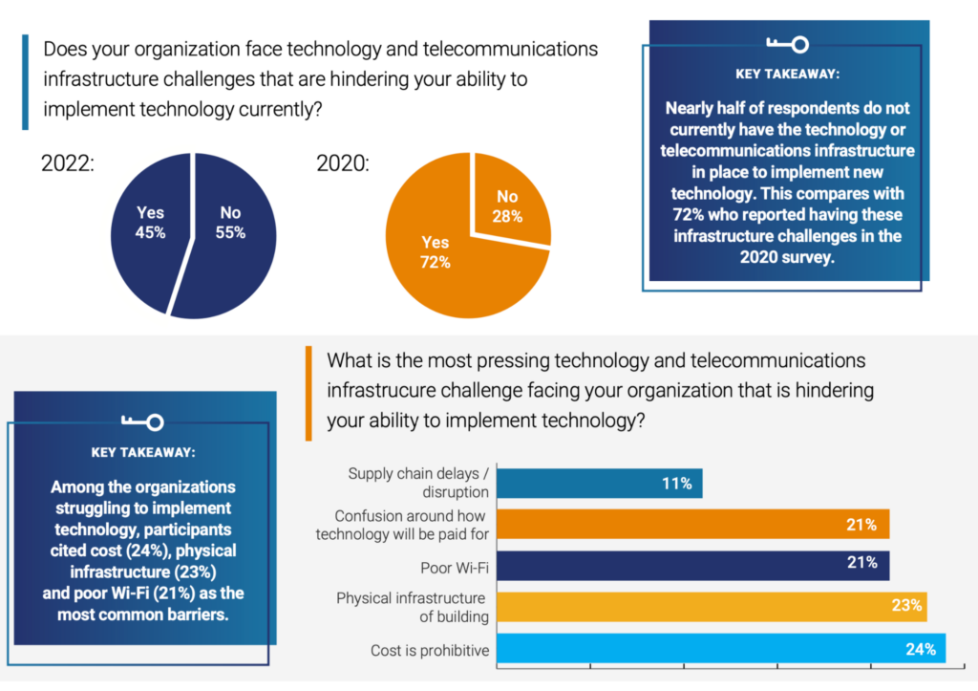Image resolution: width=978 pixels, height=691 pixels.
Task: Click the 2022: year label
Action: (x=68, y=163)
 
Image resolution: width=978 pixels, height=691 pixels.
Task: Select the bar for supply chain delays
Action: (x=599, y=483)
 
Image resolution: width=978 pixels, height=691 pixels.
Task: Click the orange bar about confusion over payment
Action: (x=692, y=524)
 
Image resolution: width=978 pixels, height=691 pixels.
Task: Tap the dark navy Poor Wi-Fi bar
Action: (x=692, y=564)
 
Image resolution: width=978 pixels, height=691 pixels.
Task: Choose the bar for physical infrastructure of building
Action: (x=712, y=606)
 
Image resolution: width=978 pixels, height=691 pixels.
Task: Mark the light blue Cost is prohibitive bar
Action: (x=721, y=648)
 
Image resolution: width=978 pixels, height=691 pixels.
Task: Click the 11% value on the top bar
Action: (x=676, y=484)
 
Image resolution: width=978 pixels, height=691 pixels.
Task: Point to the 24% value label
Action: (x=920, y=649)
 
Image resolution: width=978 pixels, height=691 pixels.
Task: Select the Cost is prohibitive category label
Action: (x=430, y=651)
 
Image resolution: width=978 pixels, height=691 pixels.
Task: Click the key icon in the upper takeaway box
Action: (x=787, y=44)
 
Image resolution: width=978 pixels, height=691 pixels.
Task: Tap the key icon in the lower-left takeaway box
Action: (x=142, y=421)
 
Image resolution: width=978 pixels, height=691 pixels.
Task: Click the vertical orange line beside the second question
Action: (x=308, y=393)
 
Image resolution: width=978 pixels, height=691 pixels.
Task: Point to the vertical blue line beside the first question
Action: (x=26, y=81)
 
